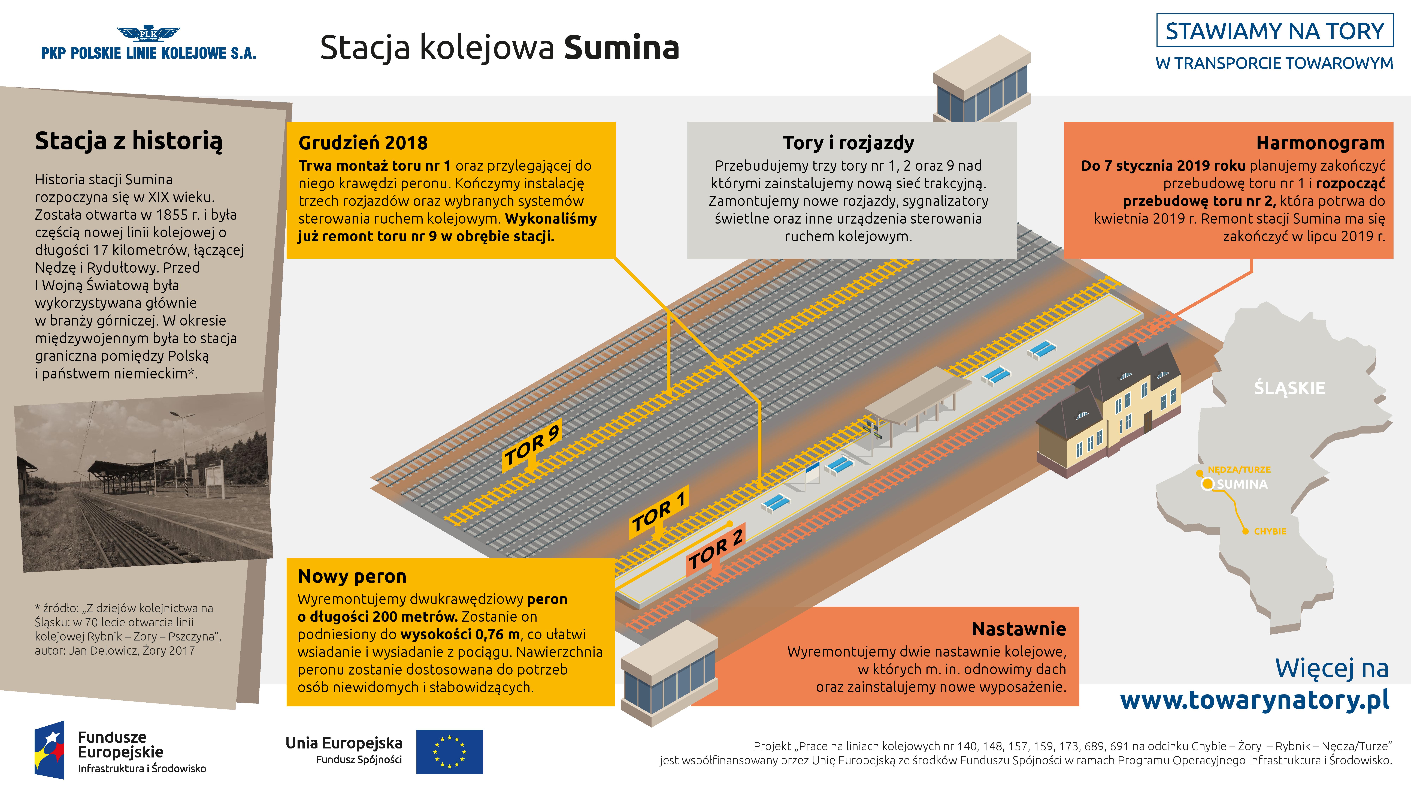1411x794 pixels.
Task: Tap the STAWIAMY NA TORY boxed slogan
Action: [1275, 31]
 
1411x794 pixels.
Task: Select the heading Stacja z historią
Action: [129, 141]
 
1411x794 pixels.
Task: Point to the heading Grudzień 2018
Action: [363, 143]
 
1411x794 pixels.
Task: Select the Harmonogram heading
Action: [1320, 143]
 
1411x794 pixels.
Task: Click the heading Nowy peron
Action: [352, 576]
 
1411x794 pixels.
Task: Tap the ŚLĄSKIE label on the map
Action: [1289, 388]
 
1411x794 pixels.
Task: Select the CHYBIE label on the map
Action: [1270, 531]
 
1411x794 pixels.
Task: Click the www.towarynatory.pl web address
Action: [1254, 700]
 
